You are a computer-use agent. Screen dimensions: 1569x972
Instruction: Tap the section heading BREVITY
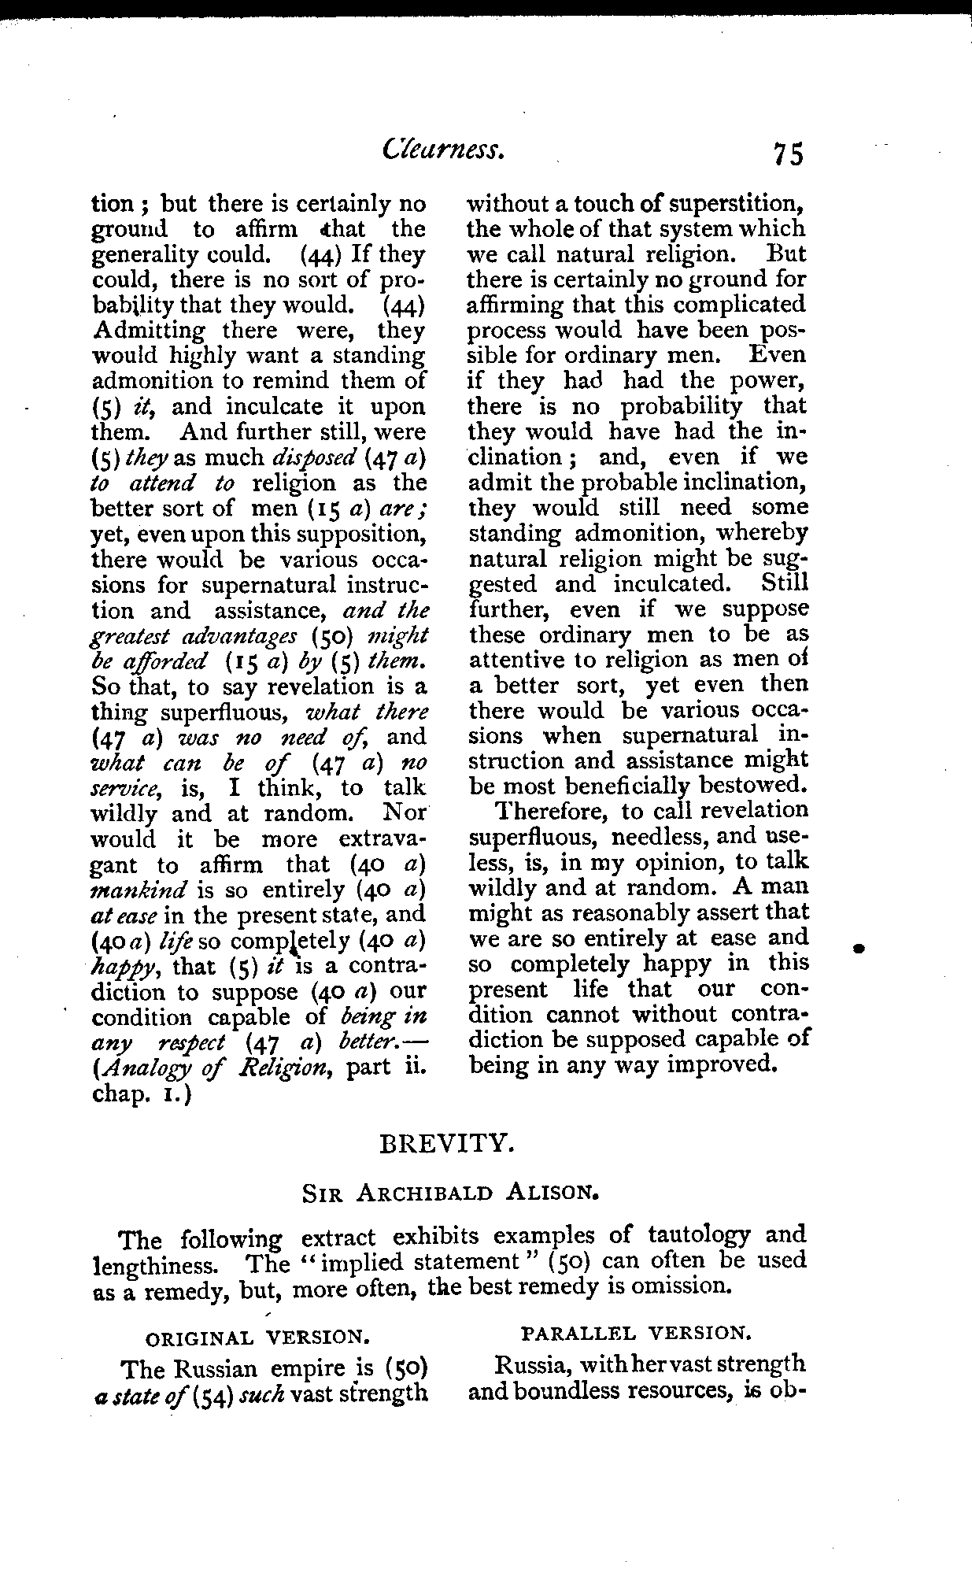[x=447, y=1143]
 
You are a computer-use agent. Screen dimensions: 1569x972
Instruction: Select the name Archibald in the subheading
[x=425, y=1193]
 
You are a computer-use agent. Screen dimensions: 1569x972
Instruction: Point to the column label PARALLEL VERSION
[x=636, y=1332]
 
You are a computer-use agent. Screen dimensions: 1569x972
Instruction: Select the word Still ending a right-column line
[x=784, y=584]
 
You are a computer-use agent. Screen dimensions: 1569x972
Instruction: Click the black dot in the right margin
[x=862, y=949]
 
